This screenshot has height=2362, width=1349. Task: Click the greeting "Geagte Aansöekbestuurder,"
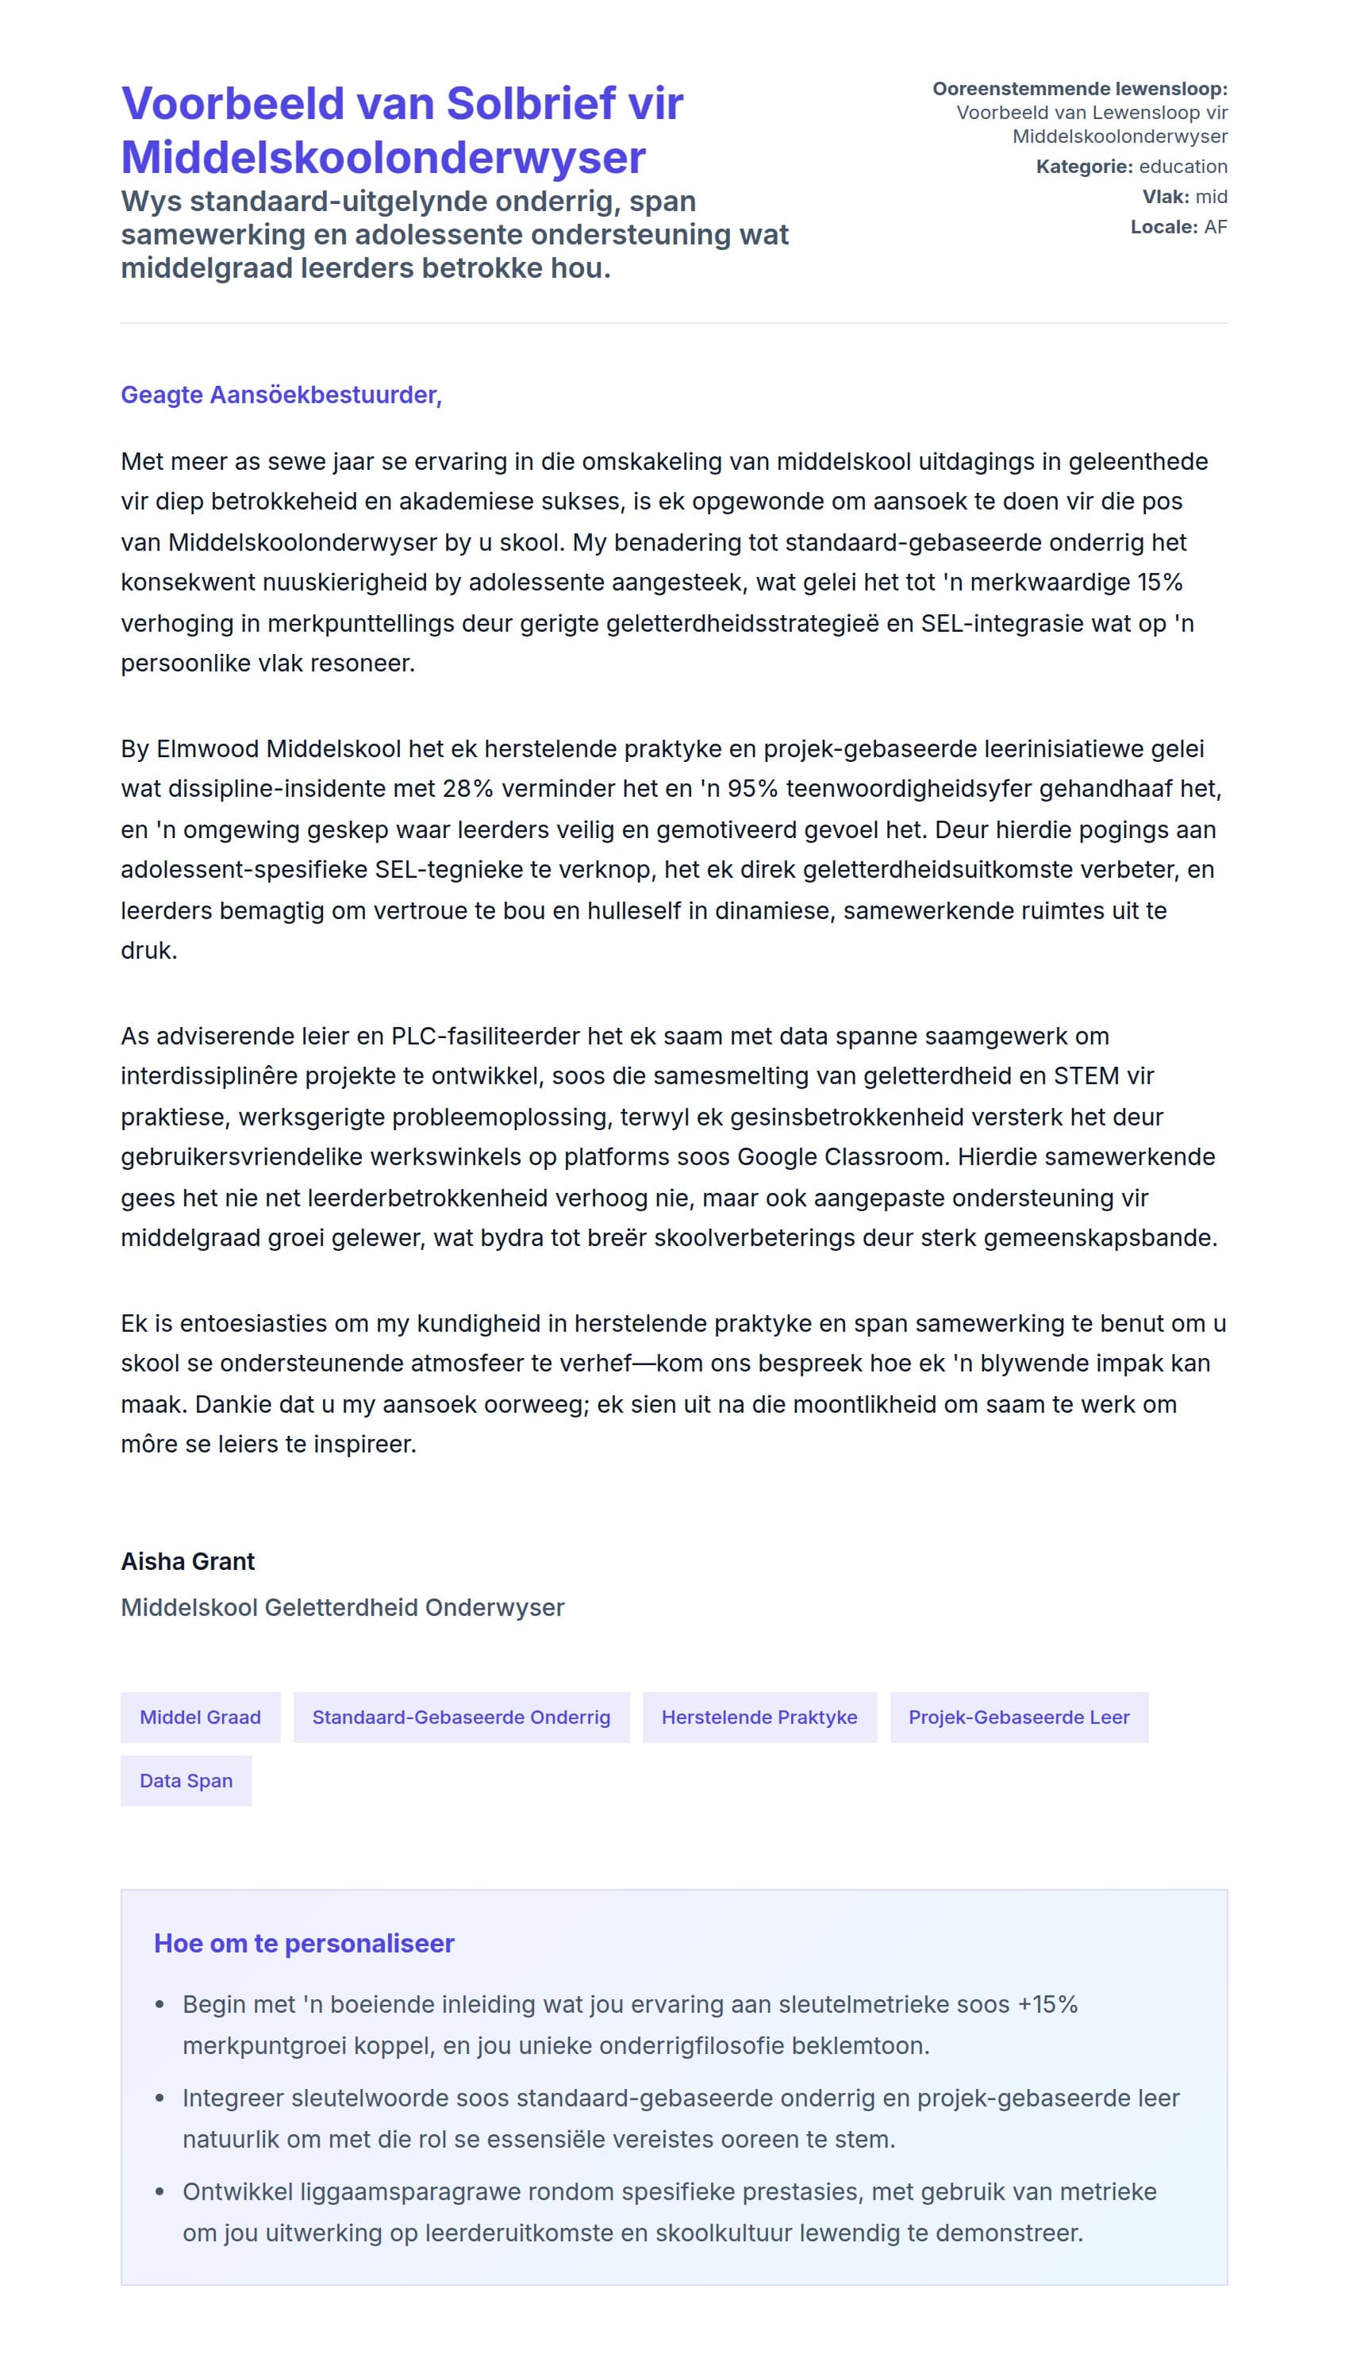pos(281,394)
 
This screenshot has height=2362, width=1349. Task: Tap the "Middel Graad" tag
pos(200,1717)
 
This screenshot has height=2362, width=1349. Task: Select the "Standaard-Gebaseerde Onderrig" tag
pos(460,1717)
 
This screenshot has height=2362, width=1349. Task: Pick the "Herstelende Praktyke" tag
pos(759,1717)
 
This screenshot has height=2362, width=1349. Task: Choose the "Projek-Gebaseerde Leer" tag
pos(1018,1717)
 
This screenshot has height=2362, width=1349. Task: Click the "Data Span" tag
pos(186,1780)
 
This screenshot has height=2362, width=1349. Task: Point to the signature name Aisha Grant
pos(187,1561)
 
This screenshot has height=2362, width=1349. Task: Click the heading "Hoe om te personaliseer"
pos(304,1943)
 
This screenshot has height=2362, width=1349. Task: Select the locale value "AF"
pos(1216,227)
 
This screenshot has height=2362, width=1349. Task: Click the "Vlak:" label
pos(1166,197)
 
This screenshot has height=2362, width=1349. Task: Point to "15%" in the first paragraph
pos(1160,583)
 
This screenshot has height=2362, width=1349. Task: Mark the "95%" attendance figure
pos(751,790)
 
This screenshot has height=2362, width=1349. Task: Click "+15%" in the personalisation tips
pos(1047,2004)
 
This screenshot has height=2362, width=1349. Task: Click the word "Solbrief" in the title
pos(531,104)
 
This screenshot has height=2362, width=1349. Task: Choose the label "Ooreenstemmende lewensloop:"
pos(1079,89)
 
